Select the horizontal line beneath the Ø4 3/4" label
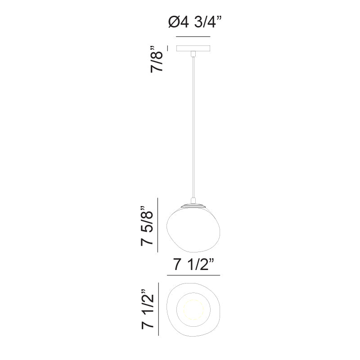(193, 36)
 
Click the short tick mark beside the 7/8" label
(168, 46)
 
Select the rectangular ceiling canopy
(193, 49)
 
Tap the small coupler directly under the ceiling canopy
(193, 54)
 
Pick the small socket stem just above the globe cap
(193, 201)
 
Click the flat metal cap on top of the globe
(193, 206)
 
